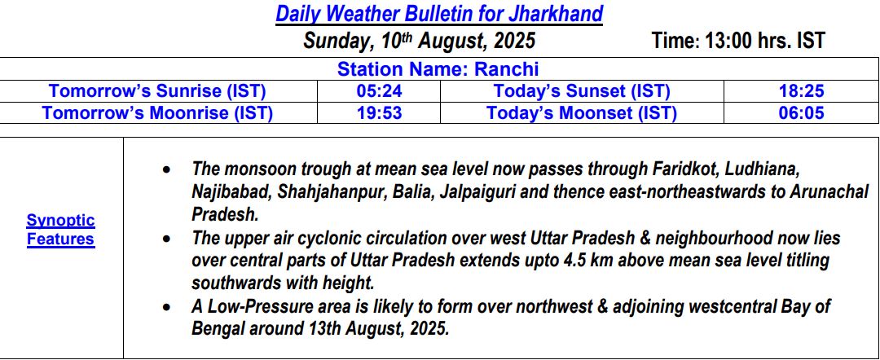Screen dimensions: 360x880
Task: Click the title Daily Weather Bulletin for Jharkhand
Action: click(x=439, y=14)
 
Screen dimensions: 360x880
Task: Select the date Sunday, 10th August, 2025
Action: click(x=420, y=41)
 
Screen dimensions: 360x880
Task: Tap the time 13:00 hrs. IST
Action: click(x=738, y=41)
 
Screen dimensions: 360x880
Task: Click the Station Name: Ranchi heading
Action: click(x=438, y=69)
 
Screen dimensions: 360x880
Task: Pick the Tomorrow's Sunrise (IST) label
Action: click(x=158, y=91)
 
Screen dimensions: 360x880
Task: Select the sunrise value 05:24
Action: click(x=379, y=91)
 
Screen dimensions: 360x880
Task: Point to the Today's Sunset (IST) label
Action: click(x=582, y=91)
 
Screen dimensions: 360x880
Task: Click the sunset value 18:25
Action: click(x=801, y=91)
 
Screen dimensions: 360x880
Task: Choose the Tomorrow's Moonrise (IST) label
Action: click(x=158, y=113)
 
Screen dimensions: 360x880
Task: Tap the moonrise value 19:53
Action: click(x=379, y=113)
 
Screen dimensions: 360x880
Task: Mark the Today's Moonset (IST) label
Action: click(x=582, y=113)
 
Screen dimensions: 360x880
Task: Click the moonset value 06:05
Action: click(x=801, y=113)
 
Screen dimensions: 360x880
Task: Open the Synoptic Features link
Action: click(x=60, y=230)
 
